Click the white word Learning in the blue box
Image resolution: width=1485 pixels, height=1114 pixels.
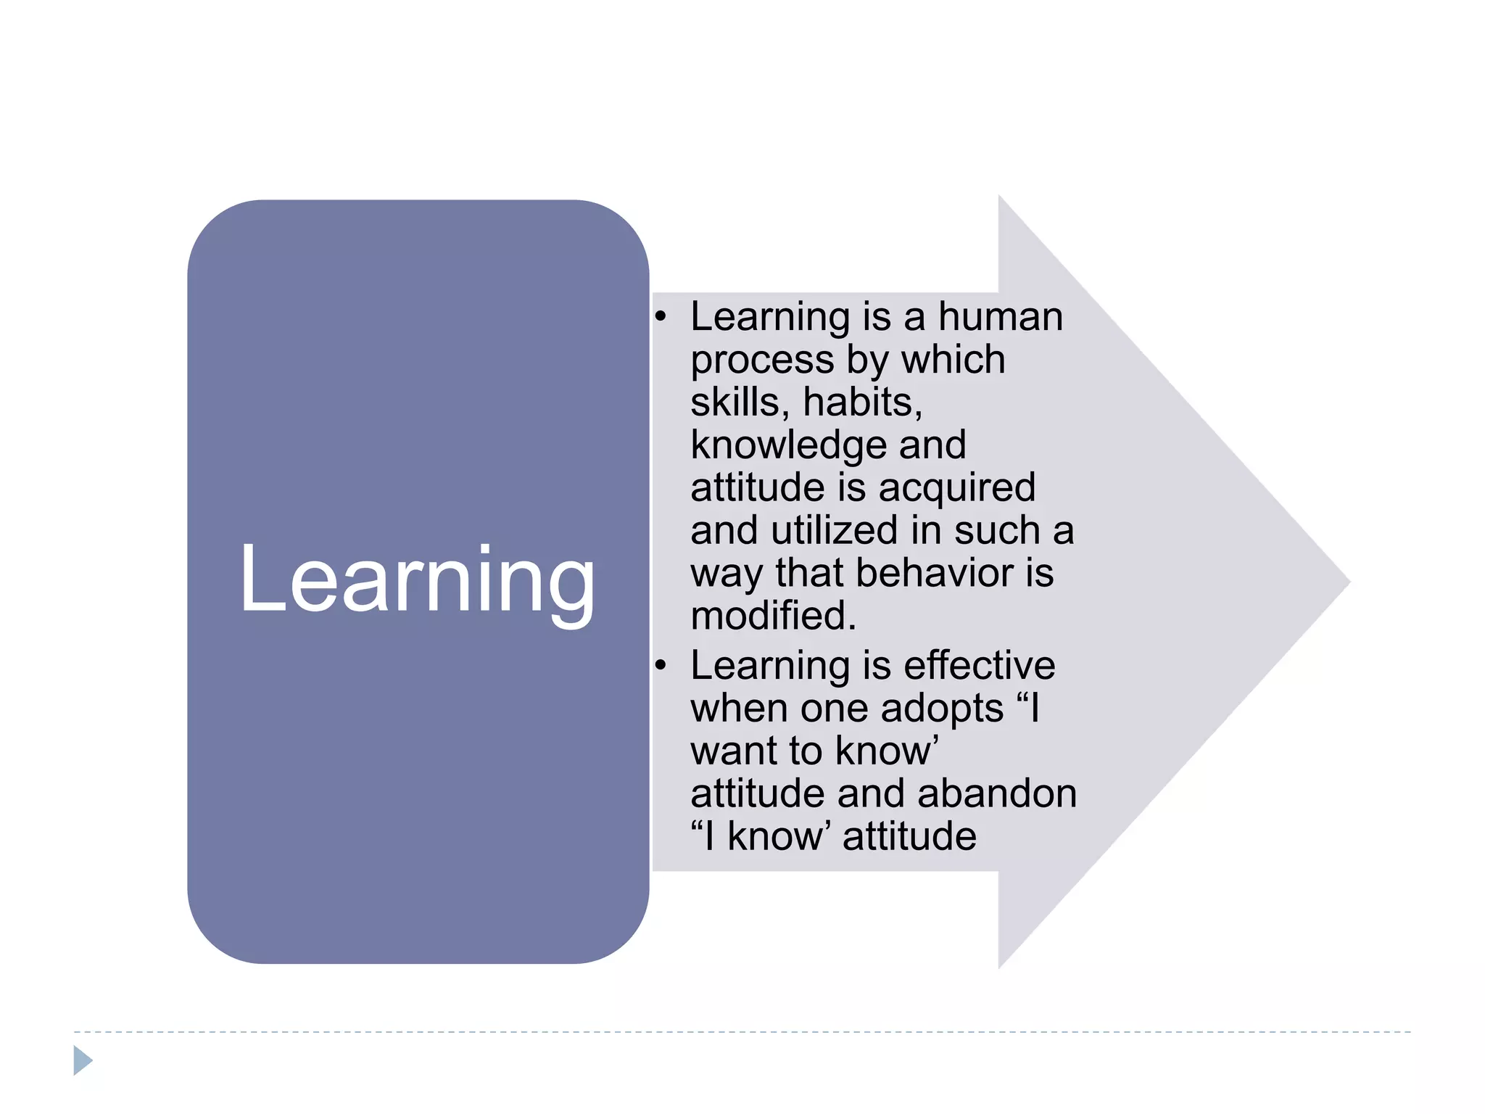tap(418, 580)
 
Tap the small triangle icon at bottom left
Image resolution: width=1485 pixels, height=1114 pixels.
tap(83, 1060)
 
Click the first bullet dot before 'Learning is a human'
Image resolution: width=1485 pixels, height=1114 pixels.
tap(660, 317)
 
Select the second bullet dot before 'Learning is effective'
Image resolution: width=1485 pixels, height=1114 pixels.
tap(660, 665)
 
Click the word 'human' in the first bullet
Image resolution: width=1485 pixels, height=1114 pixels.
tap(1001, 317)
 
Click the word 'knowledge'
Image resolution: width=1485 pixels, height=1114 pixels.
tap(788, 445)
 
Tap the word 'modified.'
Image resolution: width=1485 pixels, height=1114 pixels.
tap(774, 616)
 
